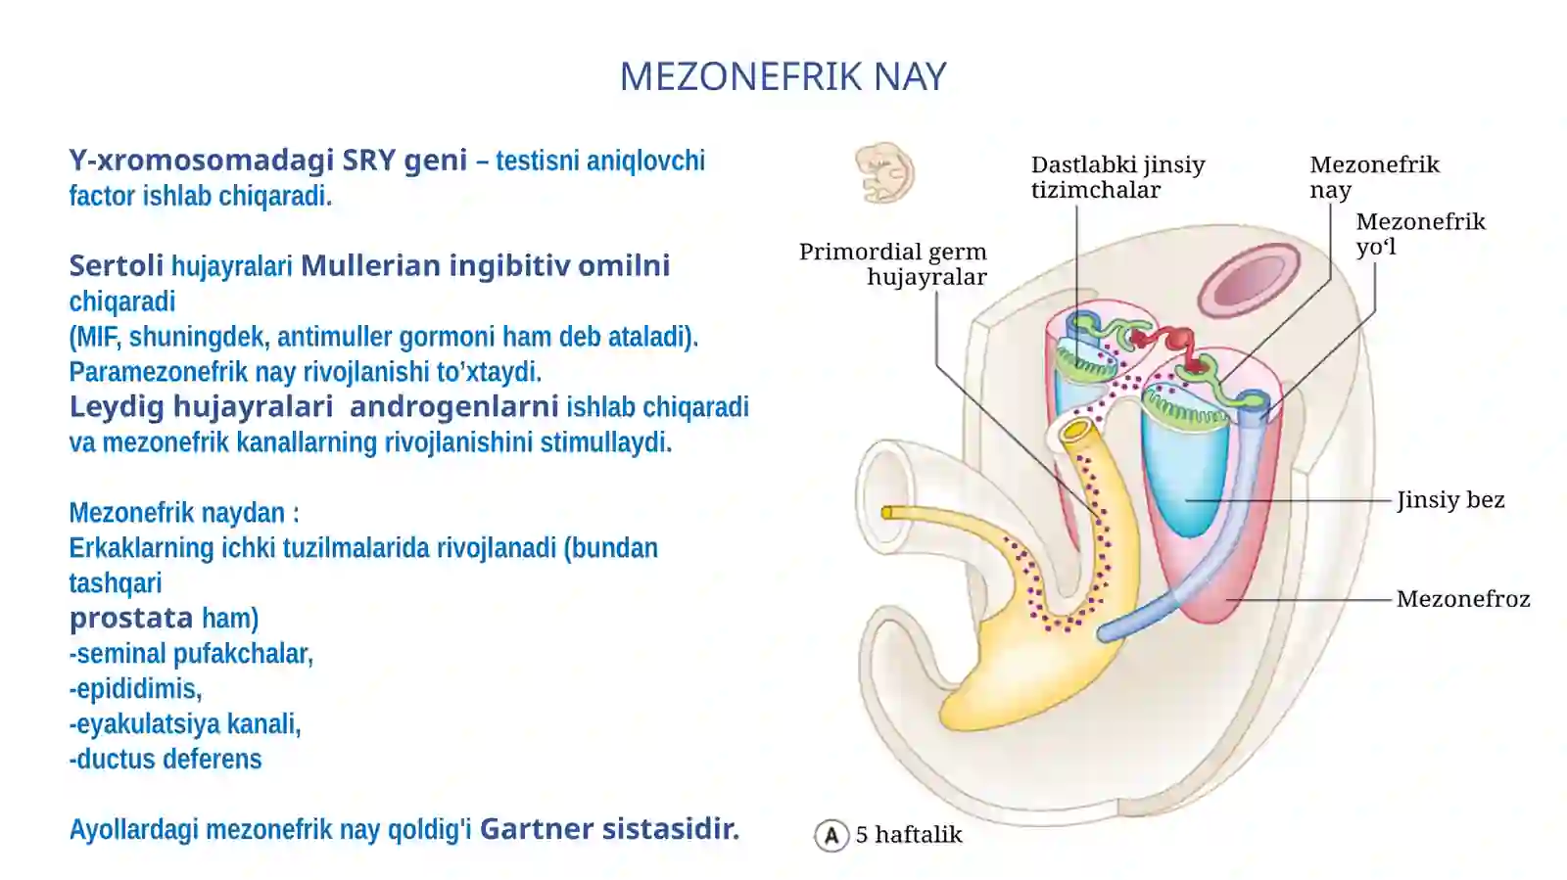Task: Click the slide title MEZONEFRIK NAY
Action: [x=783, y=76]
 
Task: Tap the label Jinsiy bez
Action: [x=1450, y=500]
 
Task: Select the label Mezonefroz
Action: [x=1463, y=599]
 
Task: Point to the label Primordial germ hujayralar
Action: [x=892, y=264]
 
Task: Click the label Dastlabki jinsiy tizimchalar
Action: [x=1117, y=177]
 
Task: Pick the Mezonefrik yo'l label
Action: [x=1420, y=234]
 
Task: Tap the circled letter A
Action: [x=831, y=835]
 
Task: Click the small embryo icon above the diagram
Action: [x=884, y=172]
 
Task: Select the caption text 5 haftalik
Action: [x=909, y=835]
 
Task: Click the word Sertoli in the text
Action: [x=117, y=265]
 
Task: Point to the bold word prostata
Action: [x=131, y=618]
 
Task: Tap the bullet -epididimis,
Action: [x=136, y=689]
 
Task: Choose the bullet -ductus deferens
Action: [x=166, y=759]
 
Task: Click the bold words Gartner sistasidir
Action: [x=609, y=829]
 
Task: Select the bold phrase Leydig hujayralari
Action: [x=201, y=406]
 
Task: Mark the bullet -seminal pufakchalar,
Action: [x=191, y=654]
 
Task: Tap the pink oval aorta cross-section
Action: [x=1249, y=280]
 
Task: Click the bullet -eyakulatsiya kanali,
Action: [x=185, y=724]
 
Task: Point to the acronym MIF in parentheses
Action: [x=98, y=337]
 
